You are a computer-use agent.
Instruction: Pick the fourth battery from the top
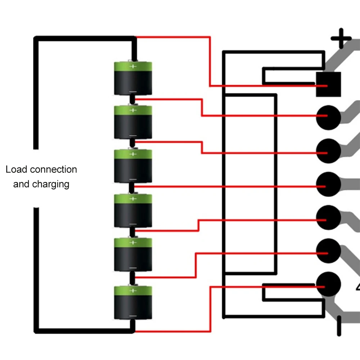tap(133, 211)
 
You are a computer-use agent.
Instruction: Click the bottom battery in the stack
tap(133, 302)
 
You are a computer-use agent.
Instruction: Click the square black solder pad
tap(328, 84)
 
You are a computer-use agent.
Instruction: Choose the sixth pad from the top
tap(328, 251)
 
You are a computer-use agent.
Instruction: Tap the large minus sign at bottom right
tap(339, 326)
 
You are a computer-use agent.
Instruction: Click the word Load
tap(17, 170)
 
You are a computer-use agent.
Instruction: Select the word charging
tap(50, 184)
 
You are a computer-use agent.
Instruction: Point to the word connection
tap(54, 170)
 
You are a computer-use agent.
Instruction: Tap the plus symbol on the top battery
tap(133, 66)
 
